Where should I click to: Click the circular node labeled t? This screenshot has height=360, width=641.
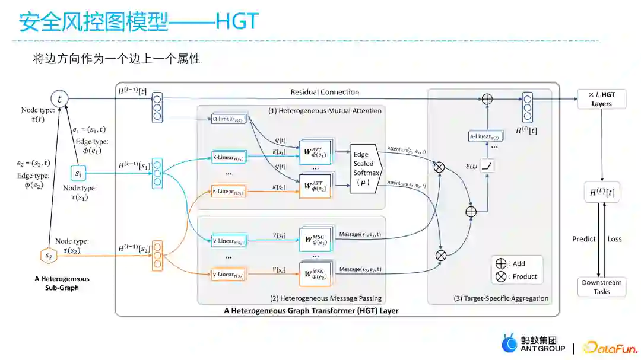coord(60,99)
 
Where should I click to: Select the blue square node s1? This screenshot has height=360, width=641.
coord(78,174)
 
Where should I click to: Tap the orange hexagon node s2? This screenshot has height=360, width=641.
coord(49,255)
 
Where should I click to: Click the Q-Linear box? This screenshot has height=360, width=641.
coord(228,119)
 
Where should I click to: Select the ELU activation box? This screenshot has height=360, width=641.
coord(487,167)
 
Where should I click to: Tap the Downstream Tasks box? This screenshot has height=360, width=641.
coord(601,287)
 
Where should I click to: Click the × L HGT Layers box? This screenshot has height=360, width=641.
coord(601,99)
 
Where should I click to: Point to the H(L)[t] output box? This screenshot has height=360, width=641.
coord(601,193)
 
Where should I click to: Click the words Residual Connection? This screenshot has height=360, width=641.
coord(325,92)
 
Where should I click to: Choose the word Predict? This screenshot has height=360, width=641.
coord(584,239)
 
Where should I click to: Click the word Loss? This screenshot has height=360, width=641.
coord(615,239)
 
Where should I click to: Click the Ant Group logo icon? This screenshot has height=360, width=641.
coord(509,345)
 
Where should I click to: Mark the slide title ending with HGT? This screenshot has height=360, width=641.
coord(139,22)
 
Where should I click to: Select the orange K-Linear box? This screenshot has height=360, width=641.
coord(228,192)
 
